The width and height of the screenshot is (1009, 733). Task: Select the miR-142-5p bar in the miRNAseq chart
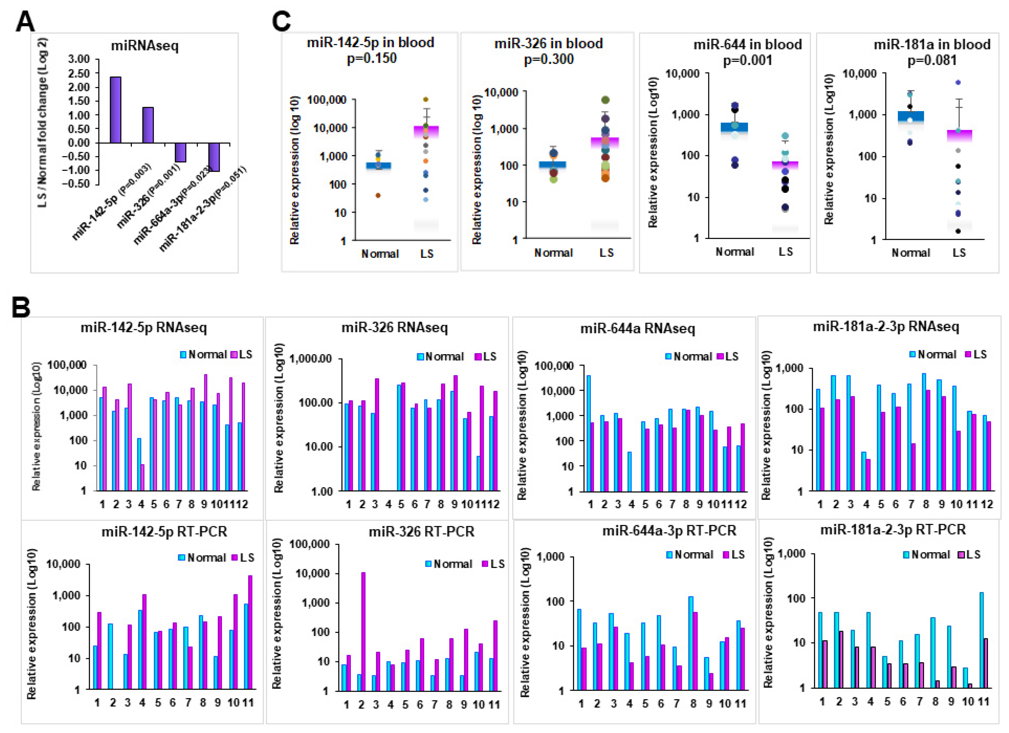click(x=116, y=110)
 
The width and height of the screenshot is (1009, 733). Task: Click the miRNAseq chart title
click(x=145, y=45)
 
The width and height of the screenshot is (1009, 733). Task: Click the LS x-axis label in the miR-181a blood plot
click(x=959, y=253)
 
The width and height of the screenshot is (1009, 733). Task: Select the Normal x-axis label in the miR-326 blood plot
click(x=553, y=253)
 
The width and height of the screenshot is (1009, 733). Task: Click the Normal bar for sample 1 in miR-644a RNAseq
click(x=589, y=433)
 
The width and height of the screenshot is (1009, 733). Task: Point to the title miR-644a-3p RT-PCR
click(x=669, y=531)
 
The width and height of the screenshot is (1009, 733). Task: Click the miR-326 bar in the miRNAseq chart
click(x=148, y=125)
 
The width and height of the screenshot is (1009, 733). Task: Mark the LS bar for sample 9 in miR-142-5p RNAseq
click(x=205, y=432)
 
